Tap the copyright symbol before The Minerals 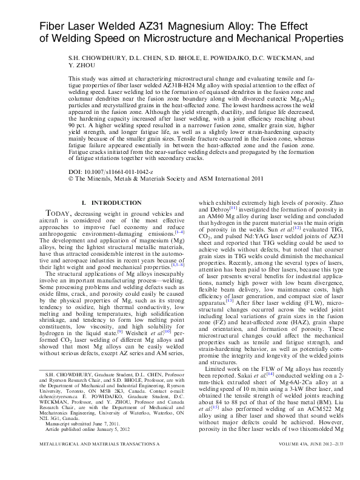click(72, 179)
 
